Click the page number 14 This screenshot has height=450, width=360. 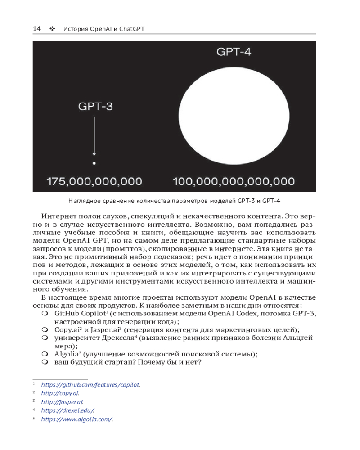[36, 29]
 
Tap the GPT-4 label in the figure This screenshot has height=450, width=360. [234, 51]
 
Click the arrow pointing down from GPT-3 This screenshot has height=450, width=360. [94, 137]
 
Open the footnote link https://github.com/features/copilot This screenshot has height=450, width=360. [90, 385]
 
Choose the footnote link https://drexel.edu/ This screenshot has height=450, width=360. [67, 410]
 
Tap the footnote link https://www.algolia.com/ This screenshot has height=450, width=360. [77, 419]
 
